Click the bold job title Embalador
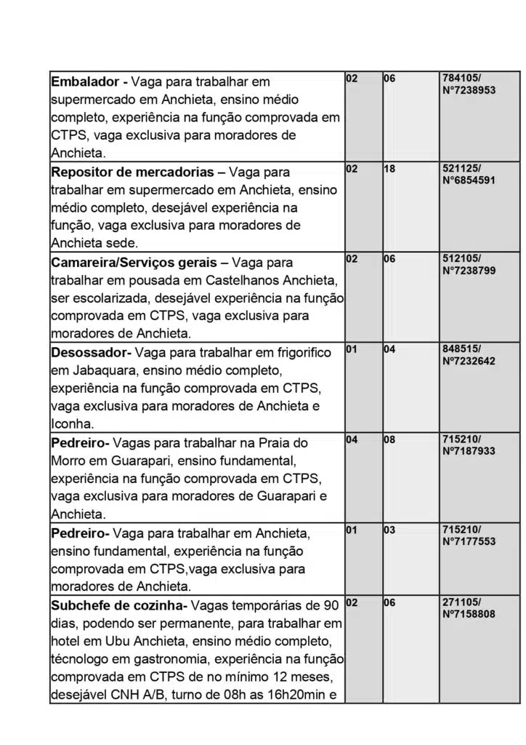click(x=84, y=82)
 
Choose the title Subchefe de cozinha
click(x=119, y=605)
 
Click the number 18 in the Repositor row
click(x=389, y=169)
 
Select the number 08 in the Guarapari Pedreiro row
click(x=389, y=439)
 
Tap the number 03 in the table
click(x=389, y=530)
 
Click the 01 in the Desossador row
click(x=351, y=349)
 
